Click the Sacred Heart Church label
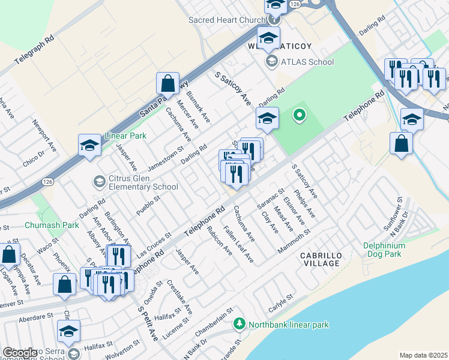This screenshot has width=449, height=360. (x=227, y=20)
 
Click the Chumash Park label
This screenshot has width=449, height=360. (x=52, y=226)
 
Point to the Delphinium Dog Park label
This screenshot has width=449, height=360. (x=393, y=250)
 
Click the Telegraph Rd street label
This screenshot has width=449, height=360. (x=35, y=46)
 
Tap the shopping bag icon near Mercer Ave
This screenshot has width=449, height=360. (x=168, y=85)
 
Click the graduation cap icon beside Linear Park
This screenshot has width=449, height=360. (x=89, y=146)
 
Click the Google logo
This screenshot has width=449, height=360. (x=20, y=353)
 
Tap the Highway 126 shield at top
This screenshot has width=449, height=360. (x=294, y=4)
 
